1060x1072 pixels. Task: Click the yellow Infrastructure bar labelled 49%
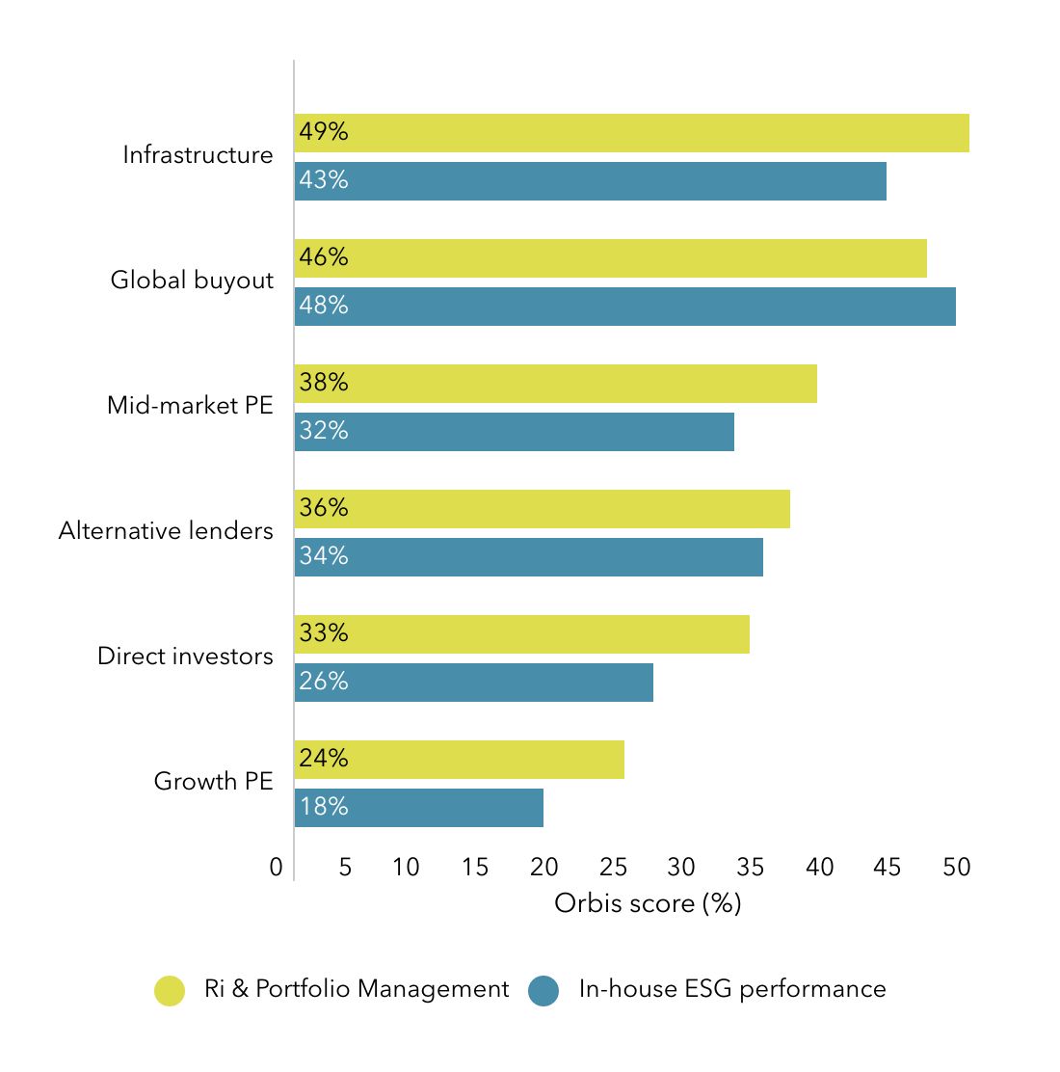[631, 133]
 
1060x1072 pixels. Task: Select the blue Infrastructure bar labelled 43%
[590, 181]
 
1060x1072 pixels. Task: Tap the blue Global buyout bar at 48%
[624, 307]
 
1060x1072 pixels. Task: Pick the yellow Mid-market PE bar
[555, 384]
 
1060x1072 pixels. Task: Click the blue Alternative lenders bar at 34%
[528, 557]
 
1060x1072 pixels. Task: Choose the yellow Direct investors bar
[521, 634]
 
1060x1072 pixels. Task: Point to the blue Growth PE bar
[418, 808]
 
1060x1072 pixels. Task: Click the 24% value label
[324, 759]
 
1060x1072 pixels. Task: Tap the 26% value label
[324, 682]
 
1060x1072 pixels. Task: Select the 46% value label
[324, 257]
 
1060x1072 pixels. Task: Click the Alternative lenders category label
[166, 531]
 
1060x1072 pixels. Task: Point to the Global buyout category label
[192, 281]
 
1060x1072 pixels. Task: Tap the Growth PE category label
[213, 781]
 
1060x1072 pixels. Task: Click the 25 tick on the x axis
[613, 868]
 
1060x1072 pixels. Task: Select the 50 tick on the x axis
[956, 868]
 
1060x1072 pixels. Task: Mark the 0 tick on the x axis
[277, 868]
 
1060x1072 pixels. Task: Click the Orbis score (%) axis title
[648, 903]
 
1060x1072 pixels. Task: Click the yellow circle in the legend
[170, 990]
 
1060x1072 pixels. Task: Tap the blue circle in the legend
[543, 990]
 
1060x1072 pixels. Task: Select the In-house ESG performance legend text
[732, 989]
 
